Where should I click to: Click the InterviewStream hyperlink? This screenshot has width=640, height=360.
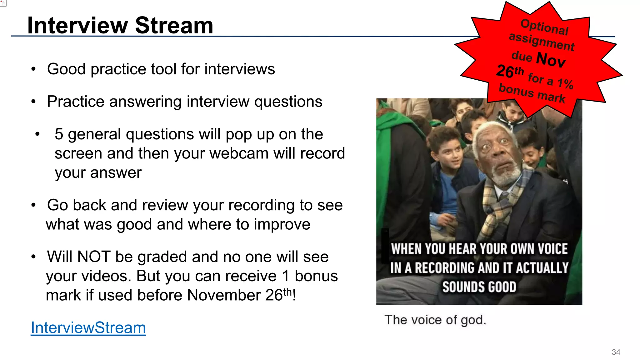[x=88, y=327]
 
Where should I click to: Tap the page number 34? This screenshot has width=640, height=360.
[x=616, y=352]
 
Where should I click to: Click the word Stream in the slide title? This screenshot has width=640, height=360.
[x=174, y=25]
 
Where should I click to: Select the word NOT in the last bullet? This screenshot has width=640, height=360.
[x=94, y=257]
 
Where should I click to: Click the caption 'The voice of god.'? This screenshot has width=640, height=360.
[x=435, y=320]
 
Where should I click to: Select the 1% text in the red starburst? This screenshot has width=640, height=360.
[x=565, y=83]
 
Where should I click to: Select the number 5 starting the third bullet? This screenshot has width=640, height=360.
[x=59, y=134]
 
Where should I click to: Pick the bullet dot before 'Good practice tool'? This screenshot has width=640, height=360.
[x=33, y=69]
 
